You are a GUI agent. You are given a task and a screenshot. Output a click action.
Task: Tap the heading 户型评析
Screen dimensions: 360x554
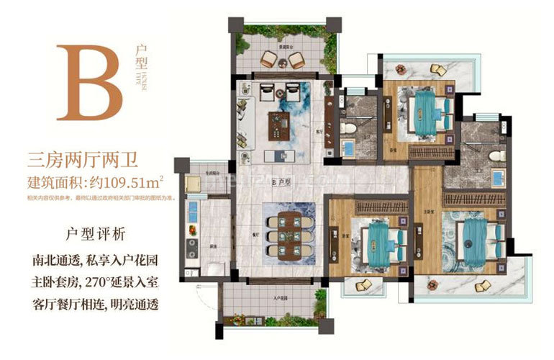pyautogui.click(x=94, y=233)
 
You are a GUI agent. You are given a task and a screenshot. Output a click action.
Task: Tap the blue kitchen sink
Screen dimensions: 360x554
pyautogui.click(x=192, y=210)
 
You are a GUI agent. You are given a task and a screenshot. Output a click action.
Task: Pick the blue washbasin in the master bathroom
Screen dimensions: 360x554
pyautogui.click(x=496, y=177)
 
